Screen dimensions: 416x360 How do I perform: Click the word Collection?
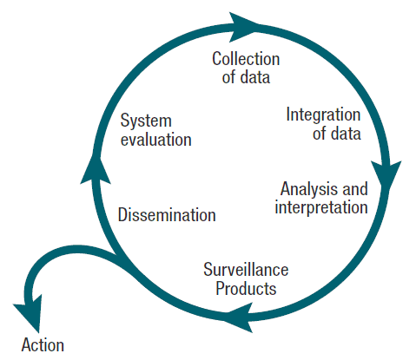coord(246,59)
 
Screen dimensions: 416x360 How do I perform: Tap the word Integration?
coord(323,115)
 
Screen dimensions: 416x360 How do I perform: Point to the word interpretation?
coord(321,207)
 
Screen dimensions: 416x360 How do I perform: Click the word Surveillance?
coord(246,270)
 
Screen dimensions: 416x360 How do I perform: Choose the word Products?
coord(246,288)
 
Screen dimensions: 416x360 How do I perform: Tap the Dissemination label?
coord(167,215)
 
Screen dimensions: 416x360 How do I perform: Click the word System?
coord(146,121)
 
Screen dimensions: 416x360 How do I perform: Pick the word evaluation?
coord(156,140)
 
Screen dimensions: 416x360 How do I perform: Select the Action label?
coord(43,344)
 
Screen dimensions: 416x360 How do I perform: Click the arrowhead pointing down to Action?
coord(29,315)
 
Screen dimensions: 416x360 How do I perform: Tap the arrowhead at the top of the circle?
coord(243,27)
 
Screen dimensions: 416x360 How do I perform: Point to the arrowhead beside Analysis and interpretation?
coord(386,176)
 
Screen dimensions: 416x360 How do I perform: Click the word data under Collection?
coord(255,77)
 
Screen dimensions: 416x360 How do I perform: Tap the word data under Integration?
coord(346,134)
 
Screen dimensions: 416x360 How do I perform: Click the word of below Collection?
coord(228,77)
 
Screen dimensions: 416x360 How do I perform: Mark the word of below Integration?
coord(320,134)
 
